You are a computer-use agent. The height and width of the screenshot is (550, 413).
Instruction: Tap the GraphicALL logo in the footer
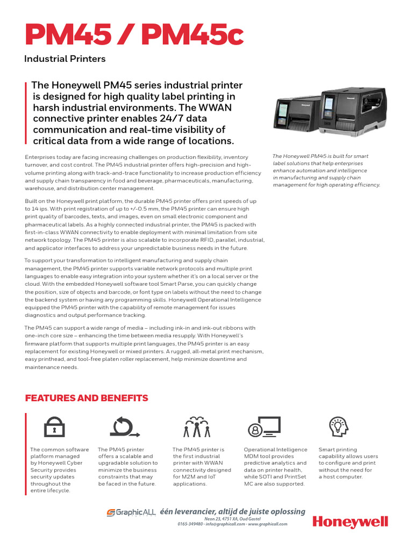pyautogui.click(x=131, y=513)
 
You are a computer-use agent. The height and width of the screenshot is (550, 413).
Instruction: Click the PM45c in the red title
pyautogui.click(x=200, y=35)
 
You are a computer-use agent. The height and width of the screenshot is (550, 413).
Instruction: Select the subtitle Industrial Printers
pyautogui.click(x=65, y=59)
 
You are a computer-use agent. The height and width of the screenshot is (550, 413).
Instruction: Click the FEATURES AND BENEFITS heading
pyautogui.click(x=87, y=398)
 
